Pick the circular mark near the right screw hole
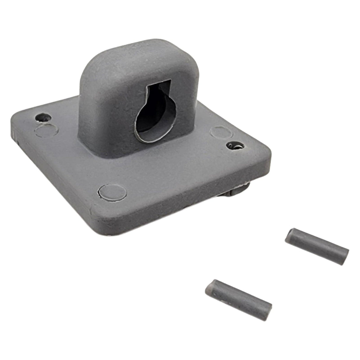coord(219,132)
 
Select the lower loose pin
coord(238,294)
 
